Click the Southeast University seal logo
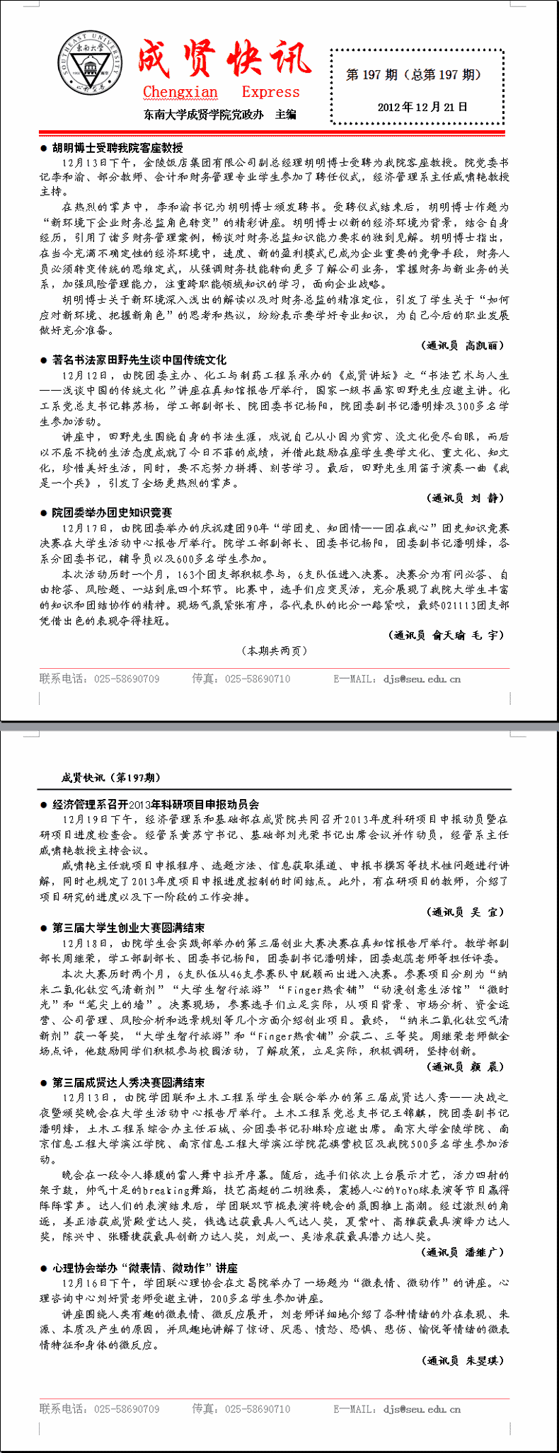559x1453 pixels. [90, 64]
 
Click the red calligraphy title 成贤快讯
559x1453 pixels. [224, 59]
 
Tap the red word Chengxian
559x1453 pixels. [180, 92]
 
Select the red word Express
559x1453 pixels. [270, 92]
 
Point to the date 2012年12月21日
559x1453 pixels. [422, 108]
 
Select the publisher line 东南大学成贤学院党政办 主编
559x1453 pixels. [219, 114]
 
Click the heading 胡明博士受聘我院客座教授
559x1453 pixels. [117, 147]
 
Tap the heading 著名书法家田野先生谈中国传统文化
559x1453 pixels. [139, 360]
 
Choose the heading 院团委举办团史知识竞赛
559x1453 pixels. [112, 512]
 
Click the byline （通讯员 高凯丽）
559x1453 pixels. [464, 345]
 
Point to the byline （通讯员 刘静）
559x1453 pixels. [467, 498]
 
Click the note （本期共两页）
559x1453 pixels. [275, 650]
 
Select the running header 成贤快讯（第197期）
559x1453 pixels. [110, 778]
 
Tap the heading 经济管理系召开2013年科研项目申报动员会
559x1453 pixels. [156, 804]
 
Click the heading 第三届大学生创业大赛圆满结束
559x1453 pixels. [129, 928]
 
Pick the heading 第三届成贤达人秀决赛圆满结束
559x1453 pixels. [129, 1083]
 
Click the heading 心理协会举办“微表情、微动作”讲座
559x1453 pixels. [145, 1268]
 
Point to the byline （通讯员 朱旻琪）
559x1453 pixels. [464, 1360]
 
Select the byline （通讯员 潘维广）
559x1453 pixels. [464, 1252]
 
